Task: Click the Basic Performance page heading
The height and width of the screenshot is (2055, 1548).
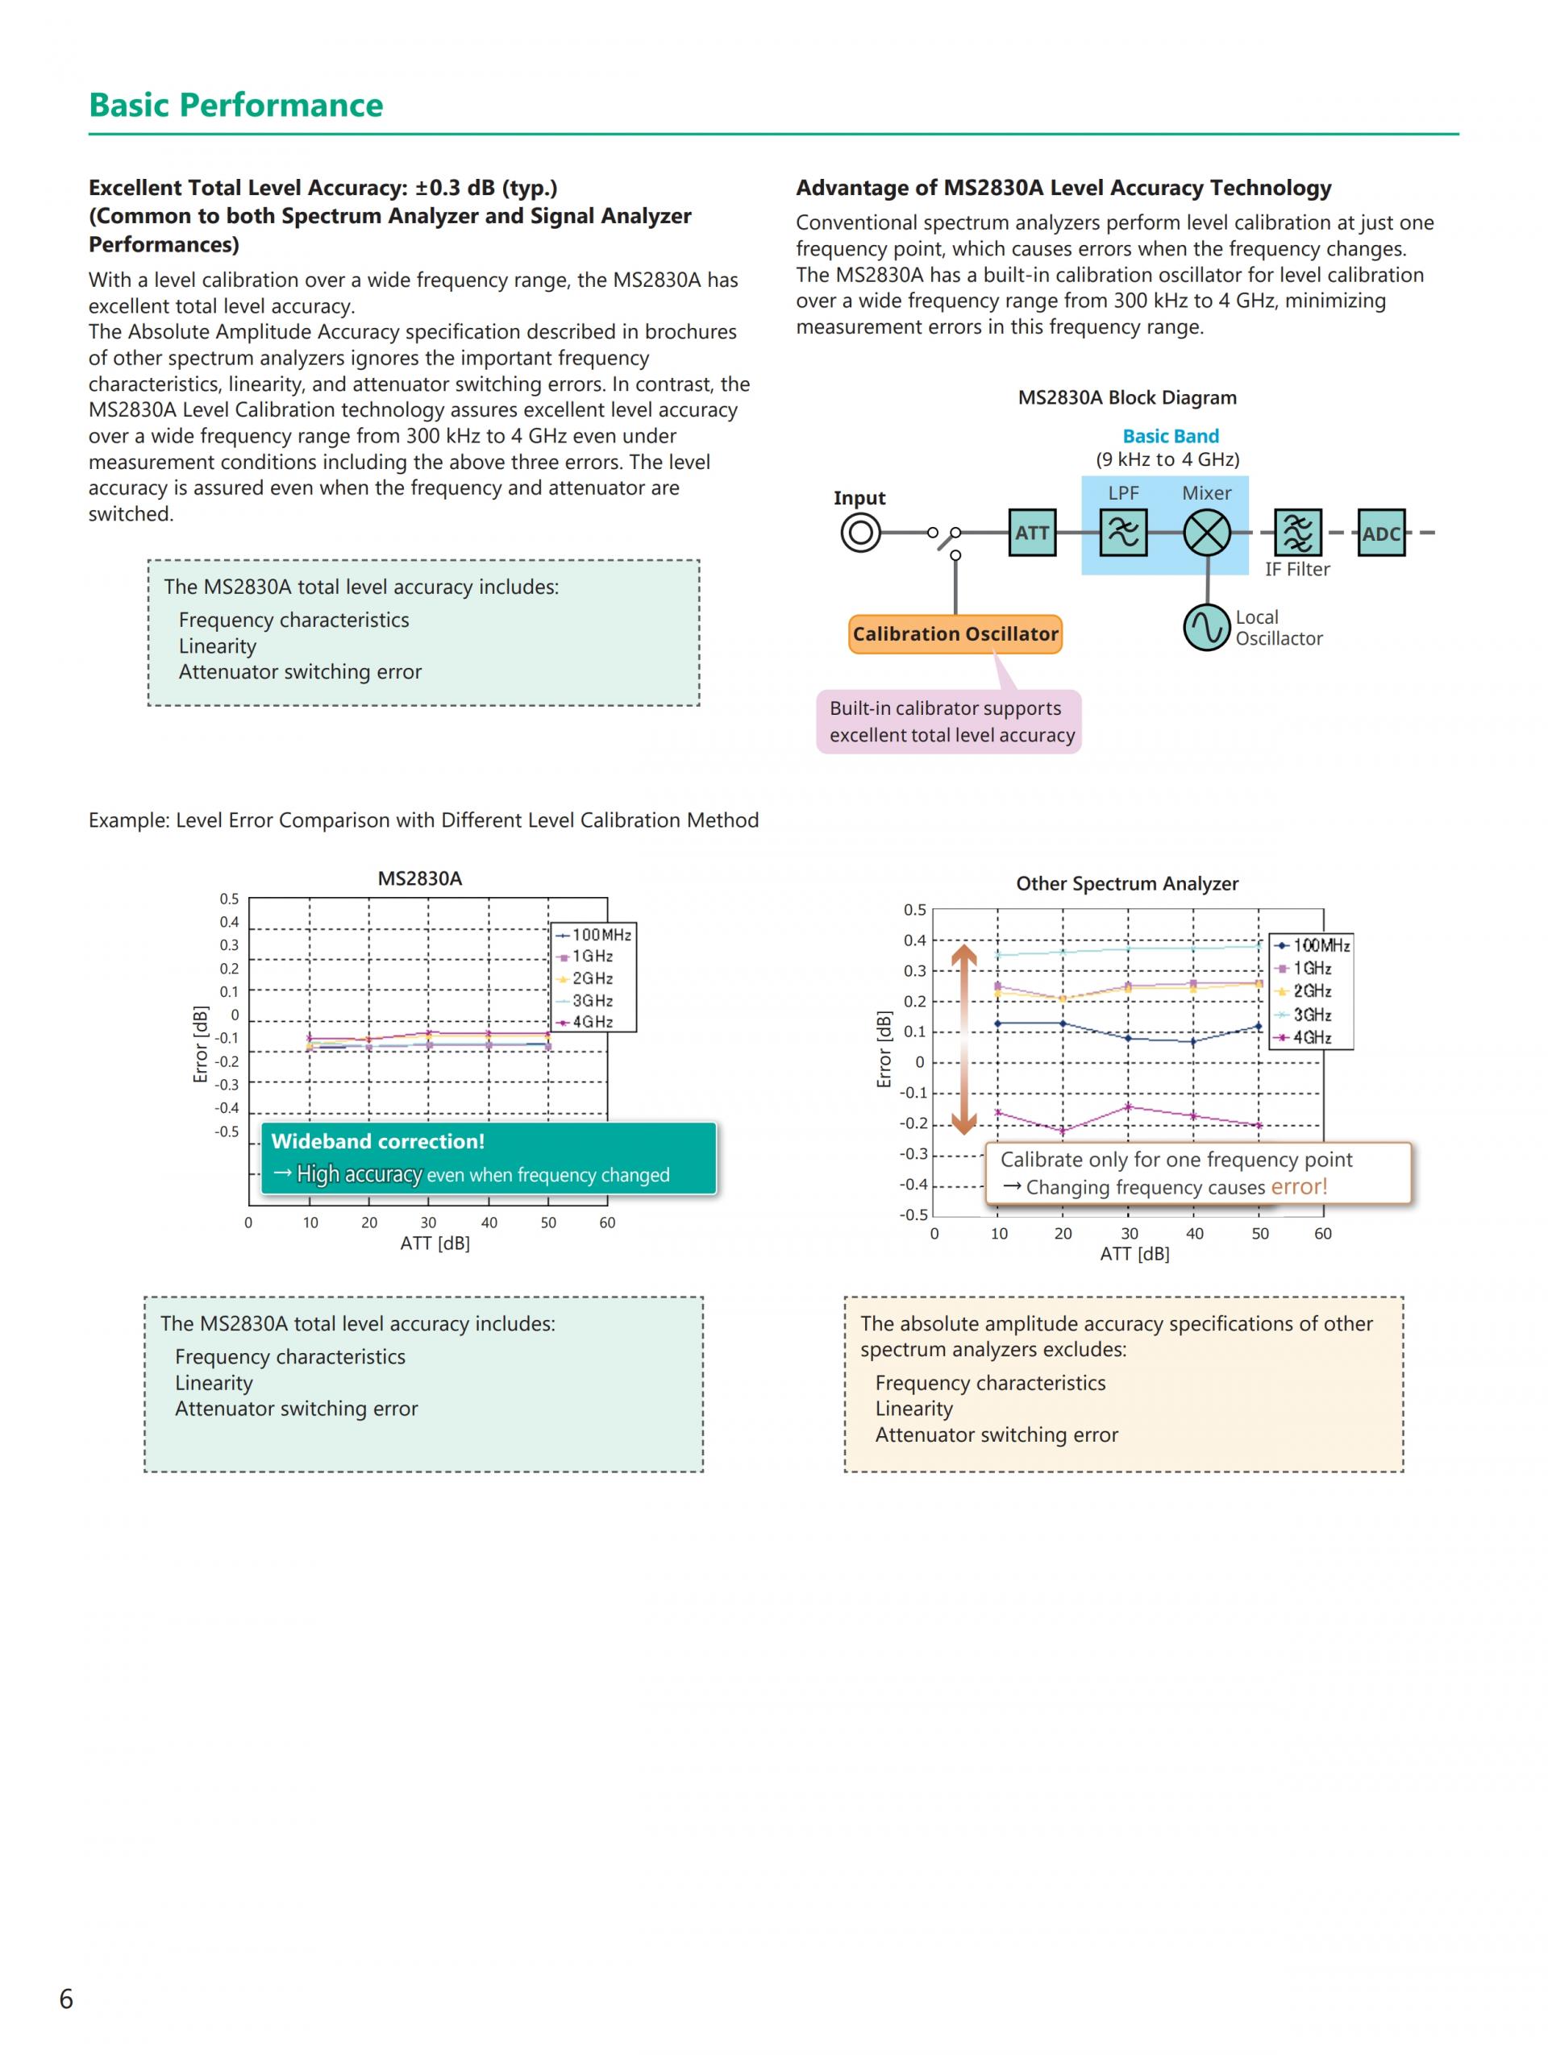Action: tap(235, 105)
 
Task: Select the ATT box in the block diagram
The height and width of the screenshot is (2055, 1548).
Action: tap(1031, 533)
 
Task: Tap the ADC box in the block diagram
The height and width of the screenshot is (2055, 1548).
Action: tap(1381, 533)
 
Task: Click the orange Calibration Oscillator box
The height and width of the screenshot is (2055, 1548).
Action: tap(955, 634)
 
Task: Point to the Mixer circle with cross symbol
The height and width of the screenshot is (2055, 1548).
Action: tap(1206, 533)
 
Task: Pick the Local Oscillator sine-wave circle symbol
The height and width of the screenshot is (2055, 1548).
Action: tap(1206, 627)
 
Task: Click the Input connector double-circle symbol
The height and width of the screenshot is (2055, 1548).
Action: tap(860, 533)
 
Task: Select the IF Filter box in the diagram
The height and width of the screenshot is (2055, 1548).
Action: tap(1297, 533)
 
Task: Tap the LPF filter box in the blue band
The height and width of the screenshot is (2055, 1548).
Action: tap(1122, 533)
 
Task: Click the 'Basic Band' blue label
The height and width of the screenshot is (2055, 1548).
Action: tap(1170, 436)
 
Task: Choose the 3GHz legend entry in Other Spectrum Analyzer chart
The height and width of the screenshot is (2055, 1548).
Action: tap(1310, 1015)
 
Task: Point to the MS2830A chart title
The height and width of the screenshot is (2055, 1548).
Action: tap(419, 878)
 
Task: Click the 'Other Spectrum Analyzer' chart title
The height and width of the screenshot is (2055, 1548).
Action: tap(1126, 883)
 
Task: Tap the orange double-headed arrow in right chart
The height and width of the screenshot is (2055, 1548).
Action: tap(963, 1039)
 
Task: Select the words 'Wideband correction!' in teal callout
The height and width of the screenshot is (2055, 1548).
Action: tap(377, 1142)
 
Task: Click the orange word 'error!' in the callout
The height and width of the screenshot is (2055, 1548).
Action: tap(1298, 1186)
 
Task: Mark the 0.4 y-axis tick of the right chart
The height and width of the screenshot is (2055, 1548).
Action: tap(914, 940)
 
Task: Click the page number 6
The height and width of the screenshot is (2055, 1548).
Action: tap(66, 1999)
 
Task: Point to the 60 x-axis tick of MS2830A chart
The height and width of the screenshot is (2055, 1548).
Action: tap(607, 1223)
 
